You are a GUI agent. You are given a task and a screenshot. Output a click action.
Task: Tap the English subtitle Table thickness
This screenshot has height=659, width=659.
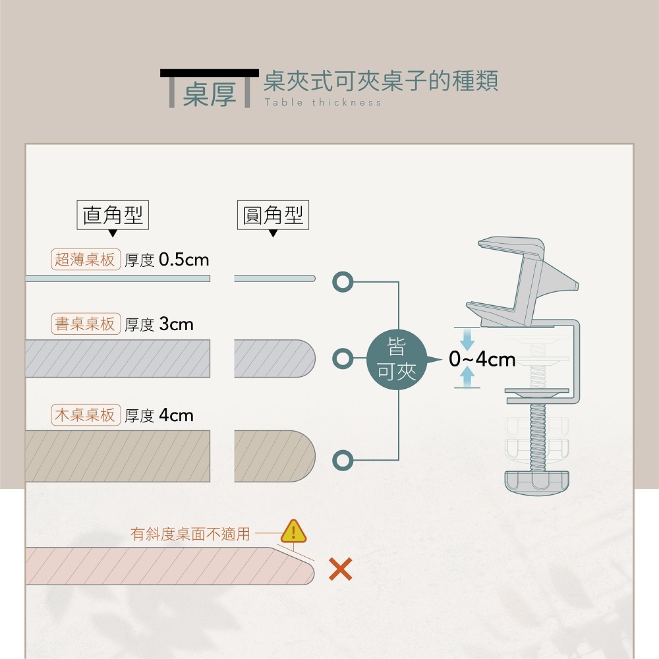coord(322,103)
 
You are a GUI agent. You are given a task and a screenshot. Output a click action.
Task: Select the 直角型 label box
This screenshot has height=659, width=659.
coord(113,215)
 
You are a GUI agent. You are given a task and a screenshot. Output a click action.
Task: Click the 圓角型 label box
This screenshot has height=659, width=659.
coord(273,215)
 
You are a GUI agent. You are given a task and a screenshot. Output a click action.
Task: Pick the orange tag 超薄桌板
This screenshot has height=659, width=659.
coord(85,260)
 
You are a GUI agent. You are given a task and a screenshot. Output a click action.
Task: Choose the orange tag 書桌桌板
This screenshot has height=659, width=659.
coord(85,324)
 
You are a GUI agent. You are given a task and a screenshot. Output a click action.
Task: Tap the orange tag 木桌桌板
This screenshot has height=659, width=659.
coord(85,415)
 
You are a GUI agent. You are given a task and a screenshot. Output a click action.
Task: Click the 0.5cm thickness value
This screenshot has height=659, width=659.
coord(184,260)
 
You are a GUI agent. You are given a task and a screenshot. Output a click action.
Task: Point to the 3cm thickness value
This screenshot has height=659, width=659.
coord(177,324)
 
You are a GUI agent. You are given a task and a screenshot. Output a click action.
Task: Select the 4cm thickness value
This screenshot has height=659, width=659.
coord(177,415)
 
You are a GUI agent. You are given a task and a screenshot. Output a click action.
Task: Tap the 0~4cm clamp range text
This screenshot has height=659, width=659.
coord(482,359)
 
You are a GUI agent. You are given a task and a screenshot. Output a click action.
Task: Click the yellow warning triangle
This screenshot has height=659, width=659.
coord(294,530)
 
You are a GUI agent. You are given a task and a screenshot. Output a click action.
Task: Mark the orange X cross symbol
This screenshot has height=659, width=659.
coord(340,569)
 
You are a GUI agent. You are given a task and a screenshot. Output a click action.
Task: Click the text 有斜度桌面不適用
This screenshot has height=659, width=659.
coord(190,534)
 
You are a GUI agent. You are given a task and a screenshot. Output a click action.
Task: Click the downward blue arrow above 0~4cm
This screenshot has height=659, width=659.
coord(467,339)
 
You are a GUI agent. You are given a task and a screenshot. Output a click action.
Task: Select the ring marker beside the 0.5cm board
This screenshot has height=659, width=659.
coord(342,281)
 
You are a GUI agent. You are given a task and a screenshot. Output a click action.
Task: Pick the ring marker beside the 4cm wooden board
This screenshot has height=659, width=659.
coord(342,459)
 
